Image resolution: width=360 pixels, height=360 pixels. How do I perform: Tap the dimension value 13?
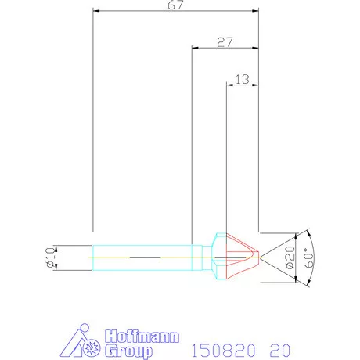point(242,78)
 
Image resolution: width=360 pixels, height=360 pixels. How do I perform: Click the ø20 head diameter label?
point(290,257)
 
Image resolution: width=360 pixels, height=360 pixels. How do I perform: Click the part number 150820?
point(218,344)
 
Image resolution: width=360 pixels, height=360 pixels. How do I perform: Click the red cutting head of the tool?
point(243,257)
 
